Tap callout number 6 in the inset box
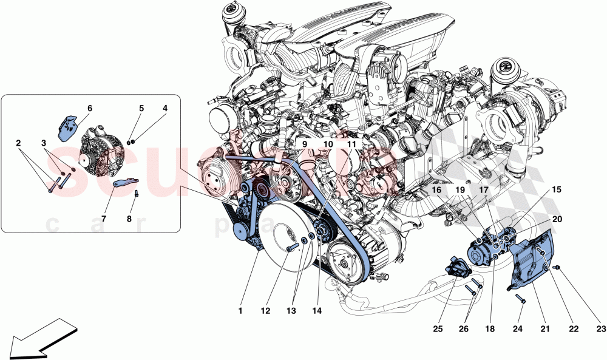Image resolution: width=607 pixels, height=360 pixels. click(x=89, y=109)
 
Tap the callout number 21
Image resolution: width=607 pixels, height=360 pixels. click(x=544, y=328)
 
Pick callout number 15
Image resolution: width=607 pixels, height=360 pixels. click(x=556, y=189)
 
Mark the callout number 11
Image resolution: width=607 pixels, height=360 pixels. click(x=351, y=144)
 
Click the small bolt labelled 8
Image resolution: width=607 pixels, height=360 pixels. click(x=137, y=194)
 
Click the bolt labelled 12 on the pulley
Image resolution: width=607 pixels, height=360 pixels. click(x=293, y=248)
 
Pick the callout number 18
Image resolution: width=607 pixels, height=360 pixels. click(x=490, y=328)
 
